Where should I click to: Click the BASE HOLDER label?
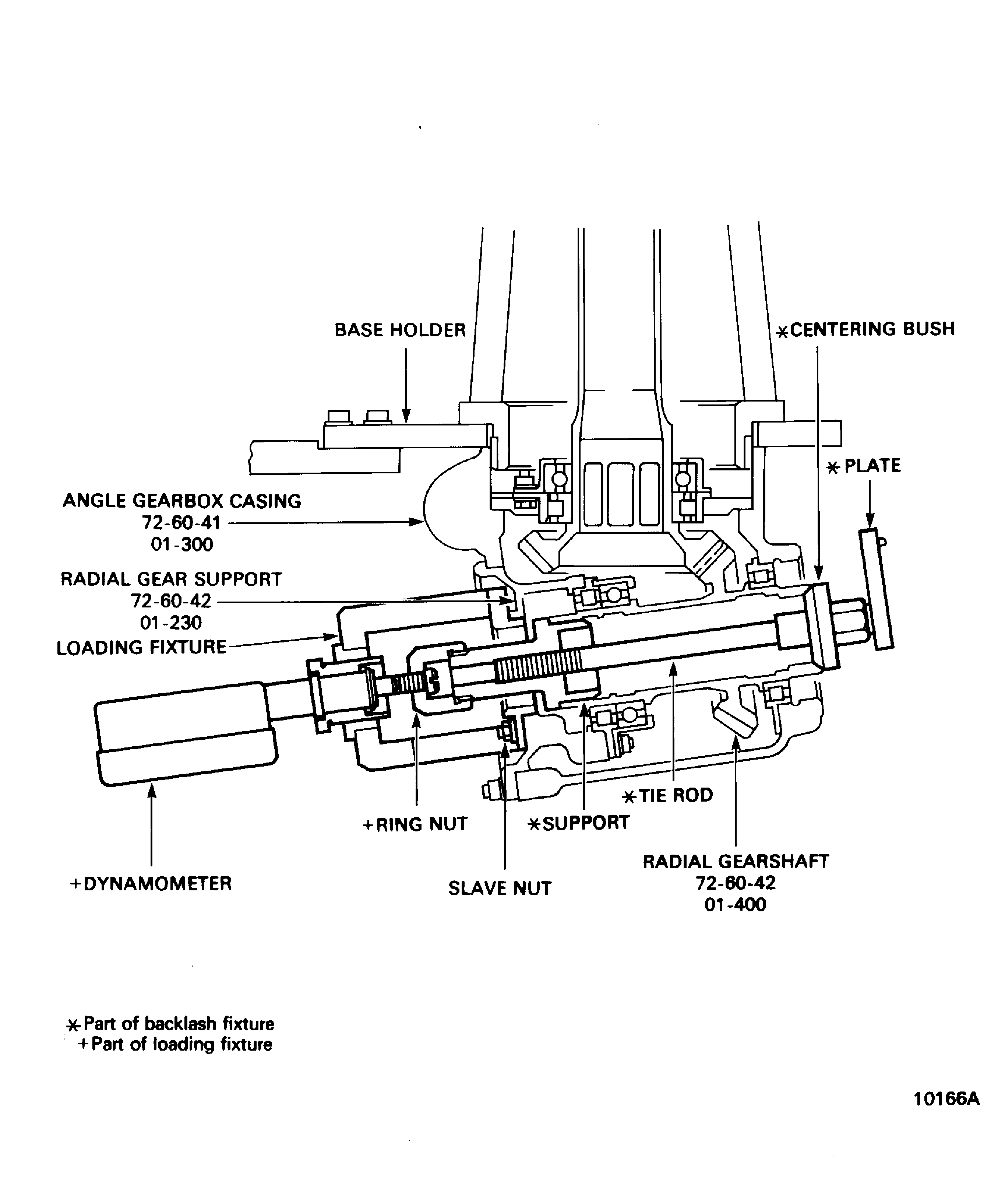pyautogui.click(x=400, y=330)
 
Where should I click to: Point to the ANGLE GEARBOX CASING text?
pyautogui.click(x=181, y=501)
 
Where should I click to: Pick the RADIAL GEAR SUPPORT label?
pyautogui.click(x=171, y=579)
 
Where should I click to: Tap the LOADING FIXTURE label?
pyautogui.click(x=141, y=647)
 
